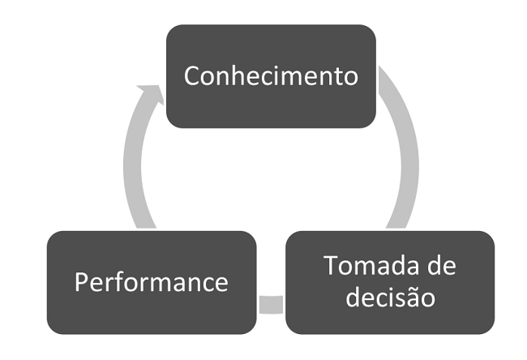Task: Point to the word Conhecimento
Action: click(271, 75)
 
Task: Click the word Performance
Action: click(152, 282)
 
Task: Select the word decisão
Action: click(390, 297)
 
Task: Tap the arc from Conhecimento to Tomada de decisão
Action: click(405, 154)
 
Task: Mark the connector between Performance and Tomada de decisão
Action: click(271, 305)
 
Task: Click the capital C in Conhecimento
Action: click(192, 75)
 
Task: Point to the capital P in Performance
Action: click(81, 282)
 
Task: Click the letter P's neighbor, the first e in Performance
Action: click(96, 284)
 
